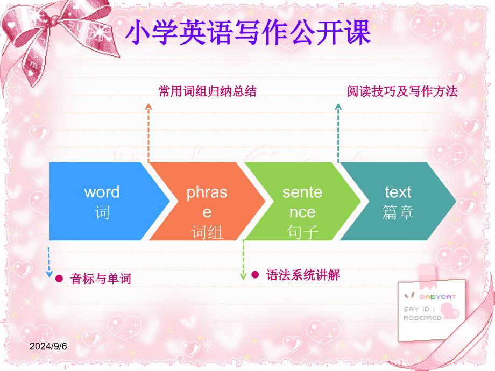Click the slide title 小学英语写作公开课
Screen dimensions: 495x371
click(248, 32)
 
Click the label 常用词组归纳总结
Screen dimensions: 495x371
click(207, 91)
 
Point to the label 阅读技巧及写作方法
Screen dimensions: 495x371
click(402, 91)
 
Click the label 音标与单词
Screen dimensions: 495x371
click(101, 279)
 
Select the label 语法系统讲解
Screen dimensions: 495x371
click(303, 275)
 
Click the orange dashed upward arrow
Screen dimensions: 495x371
click(148, 133)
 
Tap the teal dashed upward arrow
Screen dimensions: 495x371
click(338, 133)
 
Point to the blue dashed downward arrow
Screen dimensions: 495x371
click(49, 262)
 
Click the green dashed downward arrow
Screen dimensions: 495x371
click(243, 260)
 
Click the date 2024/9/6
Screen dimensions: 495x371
click(48, 346)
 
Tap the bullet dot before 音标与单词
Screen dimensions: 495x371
click(59, 279)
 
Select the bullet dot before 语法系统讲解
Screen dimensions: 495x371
click(255, 274)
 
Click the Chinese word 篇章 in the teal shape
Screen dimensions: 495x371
click(398, 212)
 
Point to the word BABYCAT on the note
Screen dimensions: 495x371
click(438, 297)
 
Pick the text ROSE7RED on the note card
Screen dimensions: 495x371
click(422, 318)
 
